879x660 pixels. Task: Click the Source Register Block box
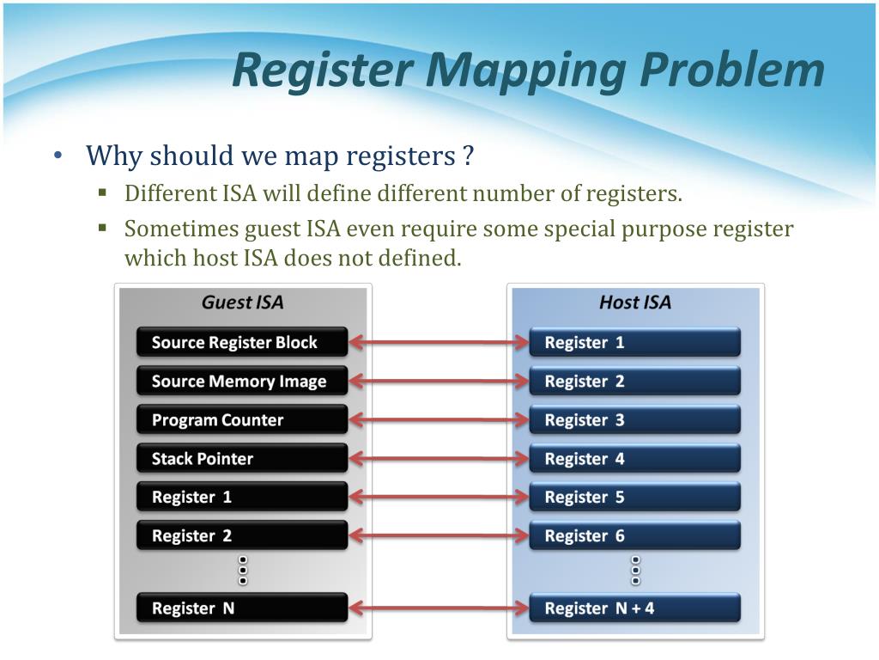241,342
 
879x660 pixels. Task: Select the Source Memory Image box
241,381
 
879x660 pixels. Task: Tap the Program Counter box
241,420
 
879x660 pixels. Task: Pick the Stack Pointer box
241,459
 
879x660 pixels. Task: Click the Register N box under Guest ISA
241,608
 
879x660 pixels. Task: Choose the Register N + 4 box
634,608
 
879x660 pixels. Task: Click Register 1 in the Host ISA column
634,342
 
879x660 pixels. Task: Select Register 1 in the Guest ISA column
241,497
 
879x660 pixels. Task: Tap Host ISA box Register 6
634,535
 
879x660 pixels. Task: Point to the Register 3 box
634,420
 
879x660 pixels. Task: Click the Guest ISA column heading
242,302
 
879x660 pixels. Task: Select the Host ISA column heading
635,302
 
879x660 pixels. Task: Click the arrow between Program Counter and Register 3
439,420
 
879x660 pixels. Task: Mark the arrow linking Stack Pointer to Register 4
439,459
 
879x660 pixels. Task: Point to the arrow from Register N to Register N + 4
439,608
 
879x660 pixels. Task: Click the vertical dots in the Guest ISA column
243,570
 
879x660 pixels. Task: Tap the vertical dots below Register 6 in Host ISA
636,570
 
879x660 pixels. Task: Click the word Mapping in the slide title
527,70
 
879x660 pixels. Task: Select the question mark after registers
468,157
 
